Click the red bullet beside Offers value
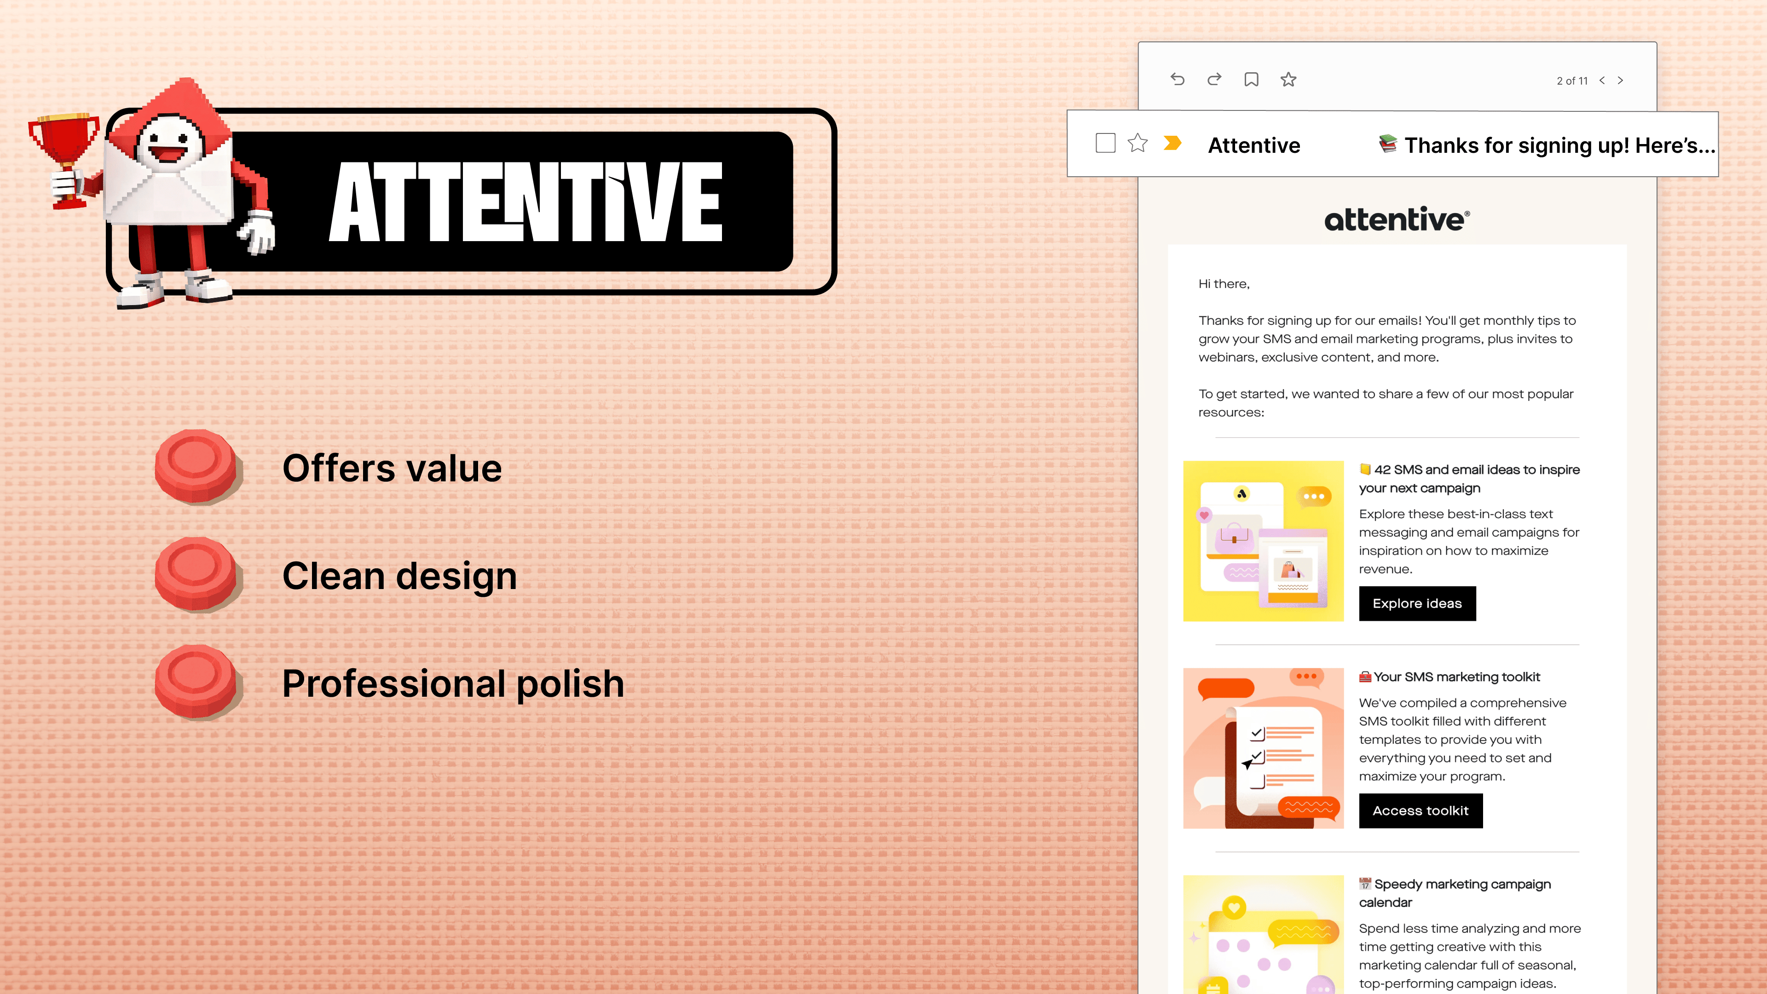[x=197, y=467]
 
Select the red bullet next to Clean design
[x=197, y=575]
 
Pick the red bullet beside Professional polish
[x=197, y=682]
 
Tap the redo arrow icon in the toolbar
[x=1214, y=80]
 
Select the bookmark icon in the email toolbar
[x=1251, y=80]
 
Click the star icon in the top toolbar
[x=1288, y=80]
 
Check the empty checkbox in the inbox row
[x=1105, y=144]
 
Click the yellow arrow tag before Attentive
[x=1172, y=143]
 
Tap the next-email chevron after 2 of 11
[x=1620, y=80]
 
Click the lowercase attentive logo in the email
[x=1397, y=219]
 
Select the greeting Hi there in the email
[x=1224, y=284]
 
